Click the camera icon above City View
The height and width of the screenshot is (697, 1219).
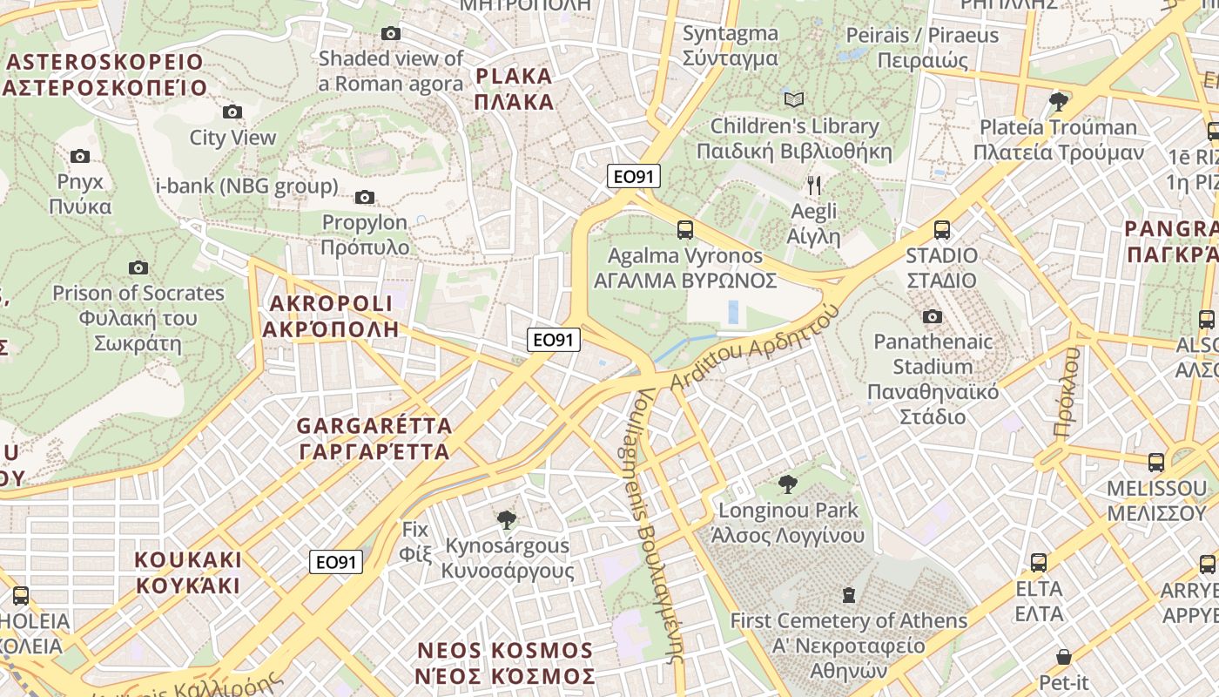tap(232, 112)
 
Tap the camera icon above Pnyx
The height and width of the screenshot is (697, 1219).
tap(80, 157)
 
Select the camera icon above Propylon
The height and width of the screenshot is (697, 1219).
tap(365, 198)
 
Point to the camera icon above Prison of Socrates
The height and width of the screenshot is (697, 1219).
tap(138, 267)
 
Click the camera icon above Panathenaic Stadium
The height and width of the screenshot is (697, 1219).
tap(933, 316)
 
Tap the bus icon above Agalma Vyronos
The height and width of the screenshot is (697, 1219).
tap(685, 230)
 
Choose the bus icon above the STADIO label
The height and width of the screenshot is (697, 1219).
tap(941, 230)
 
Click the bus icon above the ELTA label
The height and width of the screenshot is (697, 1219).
tap(1039, 563)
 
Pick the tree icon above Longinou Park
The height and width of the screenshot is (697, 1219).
tap(787, 484)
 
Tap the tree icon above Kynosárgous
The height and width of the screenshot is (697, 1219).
tap(506, 520)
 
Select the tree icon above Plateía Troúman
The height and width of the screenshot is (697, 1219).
tap(1059, 102)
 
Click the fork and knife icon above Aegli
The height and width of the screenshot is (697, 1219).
tap(814, 185)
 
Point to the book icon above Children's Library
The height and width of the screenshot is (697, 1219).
tap(794, 99)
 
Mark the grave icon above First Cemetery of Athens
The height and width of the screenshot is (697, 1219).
tap(849, 596)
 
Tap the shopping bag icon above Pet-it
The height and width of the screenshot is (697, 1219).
tap(1063, 656)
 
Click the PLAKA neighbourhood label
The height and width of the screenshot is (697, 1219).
tap(515, 89)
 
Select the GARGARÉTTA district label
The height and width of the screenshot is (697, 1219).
tap(374, 439)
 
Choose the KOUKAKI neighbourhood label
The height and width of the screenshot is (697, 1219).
tap(188, 572)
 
